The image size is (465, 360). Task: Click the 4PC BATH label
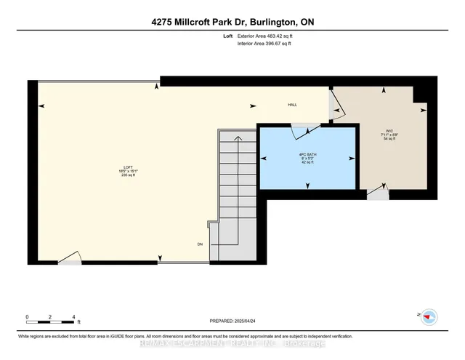coord(308,156)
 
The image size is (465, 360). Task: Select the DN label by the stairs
coord(200,244)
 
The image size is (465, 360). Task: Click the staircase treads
coord(237,189)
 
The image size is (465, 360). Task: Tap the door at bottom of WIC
coord(377,193)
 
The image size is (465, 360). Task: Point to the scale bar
coord(51,318)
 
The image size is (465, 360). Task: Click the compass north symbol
coord(429,316)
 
